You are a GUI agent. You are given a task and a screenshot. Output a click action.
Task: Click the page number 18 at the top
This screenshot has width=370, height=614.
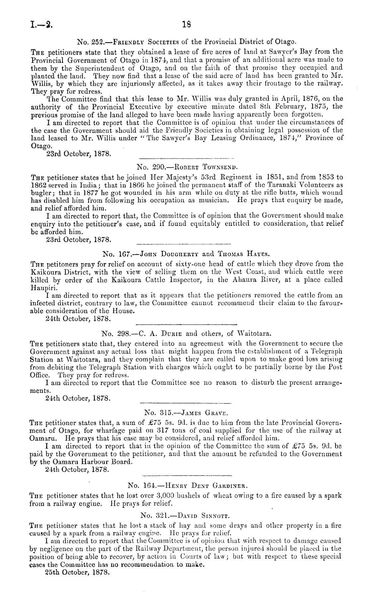[x=185, y=24]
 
